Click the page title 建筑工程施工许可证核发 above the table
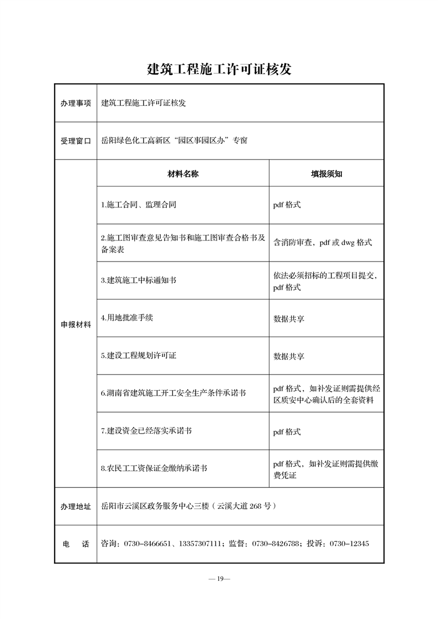click(219, 70)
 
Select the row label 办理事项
click(76, 103)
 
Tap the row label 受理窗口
click(76, 141)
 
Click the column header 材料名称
click(183, 174)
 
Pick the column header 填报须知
click(326, 174)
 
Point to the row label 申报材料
click(76, 324)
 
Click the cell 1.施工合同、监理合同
click(139, 205)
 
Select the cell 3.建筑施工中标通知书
click(139, 280)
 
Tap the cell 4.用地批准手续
click(127, 318)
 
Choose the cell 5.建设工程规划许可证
click(139, 356)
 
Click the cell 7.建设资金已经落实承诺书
click(146, 431)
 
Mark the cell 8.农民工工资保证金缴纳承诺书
click(154, 468)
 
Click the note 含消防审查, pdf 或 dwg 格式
click(323, 242)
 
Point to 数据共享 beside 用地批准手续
click(289, 318)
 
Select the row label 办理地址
click(76, 506)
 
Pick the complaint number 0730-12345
click(349, 543)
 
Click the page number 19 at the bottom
click(219, 579)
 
